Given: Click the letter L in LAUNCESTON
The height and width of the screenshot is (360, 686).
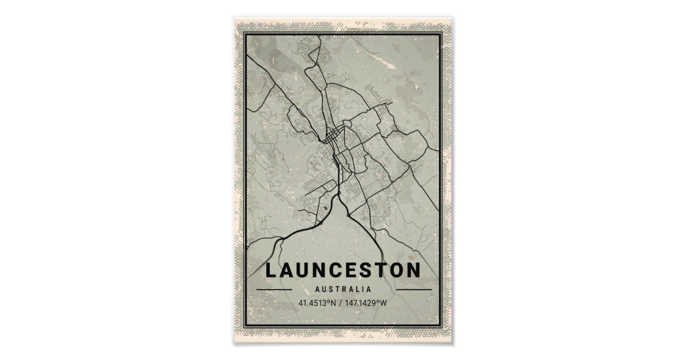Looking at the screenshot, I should pyautogui.click(x=272, y=270).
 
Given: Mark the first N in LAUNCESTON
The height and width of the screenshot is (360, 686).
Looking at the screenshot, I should pyautogui.click(x=326, y=270).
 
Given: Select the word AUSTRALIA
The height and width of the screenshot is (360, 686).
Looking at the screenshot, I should pyautogui.click(x=343, y=290).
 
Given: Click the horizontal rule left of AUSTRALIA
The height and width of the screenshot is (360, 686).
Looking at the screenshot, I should pyautogui.click(x=274, y=290).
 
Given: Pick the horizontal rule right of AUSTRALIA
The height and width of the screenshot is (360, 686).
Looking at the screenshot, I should pyautogui.click(x=413, y=290).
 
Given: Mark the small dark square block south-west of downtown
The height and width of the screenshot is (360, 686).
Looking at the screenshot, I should pyautogui.click(x=325, y=209).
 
